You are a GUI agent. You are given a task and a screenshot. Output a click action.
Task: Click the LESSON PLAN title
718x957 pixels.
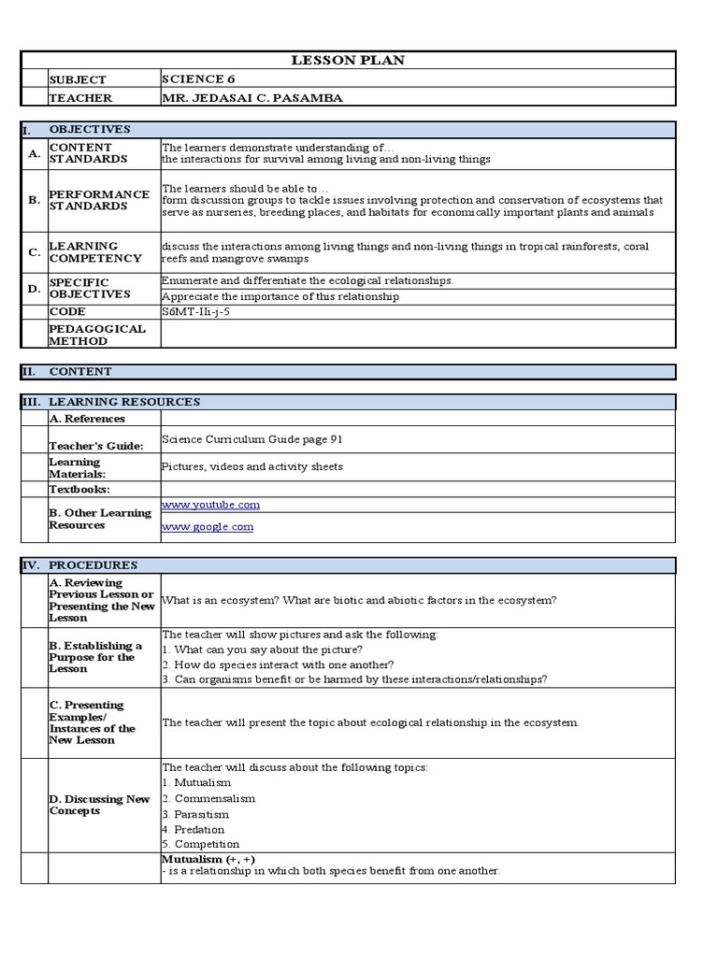click(349, 61)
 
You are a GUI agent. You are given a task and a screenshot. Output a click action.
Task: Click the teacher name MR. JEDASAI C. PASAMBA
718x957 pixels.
click(246, 98)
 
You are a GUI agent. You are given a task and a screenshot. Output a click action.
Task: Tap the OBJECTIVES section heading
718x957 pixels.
click(90, 130)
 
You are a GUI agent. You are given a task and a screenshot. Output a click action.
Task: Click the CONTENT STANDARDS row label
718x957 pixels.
click(80, 153)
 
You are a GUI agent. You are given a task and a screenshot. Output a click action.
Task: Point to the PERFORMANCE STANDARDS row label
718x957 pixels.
click(99, 200)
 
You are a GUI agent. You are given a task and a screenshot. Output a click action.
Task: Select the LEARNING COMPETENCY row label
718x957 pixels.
click(94, 252)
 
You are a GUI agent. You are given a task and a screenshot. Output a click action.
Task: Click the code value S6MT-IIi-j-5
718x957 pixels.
click(194, 312)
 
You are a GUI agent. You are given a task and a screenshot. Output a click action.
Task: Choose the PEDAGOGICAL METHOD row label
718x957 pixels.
click(97, 335)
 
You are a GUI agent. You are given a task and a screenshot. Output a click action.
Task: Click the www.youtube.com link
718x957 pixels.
click(210, 505)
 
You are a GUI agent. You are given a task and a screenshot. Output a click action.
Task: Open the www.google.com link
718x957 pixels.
click(207, 527)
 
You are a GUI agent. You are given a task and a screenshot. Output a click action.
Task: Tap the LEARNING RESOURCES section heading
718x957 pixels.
click(124, 402)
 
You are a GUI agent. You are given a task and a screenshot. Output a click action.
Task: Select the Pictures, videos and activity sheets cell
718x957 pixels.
click(252, 466)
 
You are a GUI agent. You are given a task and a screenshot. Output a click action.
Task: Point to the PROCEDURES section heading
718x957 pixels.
click(93, 565)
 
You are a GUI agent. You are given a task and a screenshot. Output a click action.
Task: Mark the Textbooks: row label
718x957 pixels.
click(79, 489)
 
